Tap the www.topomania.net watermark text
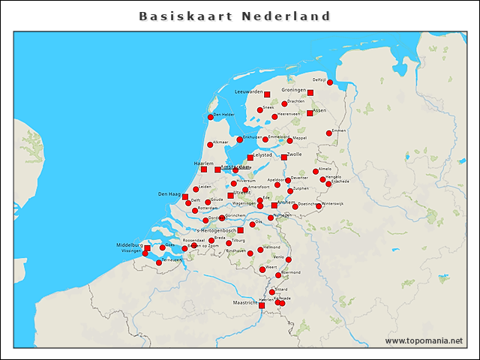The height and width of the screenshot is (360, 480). tap(424, 340)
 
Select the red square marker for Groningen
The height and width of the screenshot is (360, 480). tap(310, 93)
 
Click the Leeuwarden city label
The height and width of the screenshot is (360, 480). tap(249, 91)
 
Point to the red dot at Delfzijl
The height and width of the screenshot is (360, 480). tap(330, 82)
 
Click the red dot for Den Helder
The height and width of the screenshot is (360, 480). tap(211, 117)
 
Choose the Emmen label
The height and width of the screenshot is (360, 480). tap(339, 130)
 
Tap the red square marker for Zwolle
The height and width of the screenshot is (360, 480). tap(283, 157)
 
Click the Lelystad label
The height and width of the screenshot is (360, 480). tap(262, 154)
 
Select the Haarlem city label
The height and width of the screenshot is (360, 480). tap(205, 163)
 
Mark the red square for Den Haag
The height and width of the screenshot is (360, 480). tap(185, 196)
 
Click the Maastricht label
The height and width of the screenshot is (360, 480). tap(245, 303)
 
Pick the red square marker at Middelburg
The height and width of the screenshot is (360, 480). tap(147, 248)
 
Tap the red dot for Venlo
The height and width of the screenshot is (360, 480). tap(289, 259)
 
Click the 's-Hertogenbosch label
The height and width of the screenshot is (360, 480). tap(215, 230)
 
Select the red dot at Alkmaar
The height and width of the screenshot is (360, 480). tap(210, 145)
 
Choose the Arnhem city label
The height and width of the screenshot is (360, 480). tap(286, 202)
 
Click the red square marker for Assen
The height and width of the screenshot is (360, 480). tap(310, 113)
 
